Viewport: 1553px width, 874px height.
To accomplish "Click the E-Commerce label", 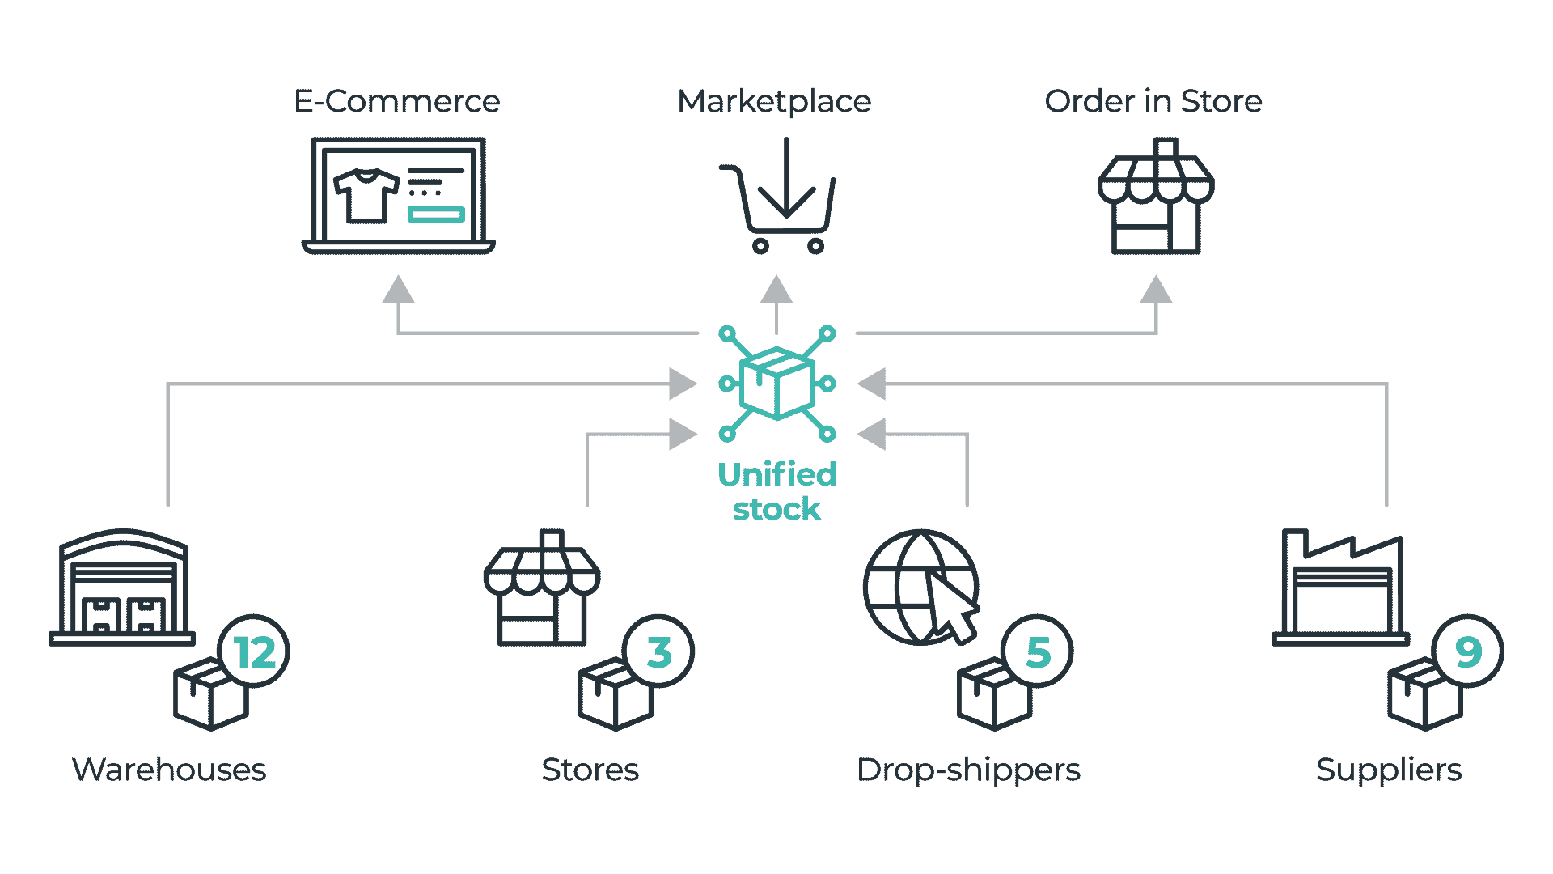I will [397, 102].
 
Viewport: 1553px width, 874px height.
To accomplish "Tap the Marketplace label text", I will [775, 103].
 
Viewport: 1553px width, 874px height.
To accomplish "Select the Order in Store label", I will [1153, 102].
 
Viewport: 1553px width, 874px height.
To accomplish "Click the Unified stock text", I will [776, 491].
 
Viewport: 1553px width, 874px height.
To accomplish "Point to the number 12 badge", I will [255, 652].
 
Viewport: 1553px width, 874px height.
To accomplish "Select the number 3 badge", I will [659, 652].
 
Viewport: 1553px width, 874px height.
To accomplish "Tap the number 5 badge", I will [1038, 652].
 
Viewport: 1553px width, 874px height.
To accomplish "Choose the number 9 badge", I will [1468, 651].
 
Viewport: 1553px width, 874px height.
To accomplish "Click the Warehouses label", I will [170, 770].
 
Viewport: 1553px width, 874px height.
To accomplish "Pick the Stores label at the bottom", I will [590, 770].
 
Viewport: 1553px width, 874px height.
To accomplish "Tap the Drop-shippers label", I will [968, 770].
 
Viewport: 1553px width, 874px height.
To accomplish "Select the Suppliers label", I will [1388, 770].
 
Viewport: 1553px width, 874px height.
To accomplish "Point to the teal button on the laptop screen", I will [436, 214].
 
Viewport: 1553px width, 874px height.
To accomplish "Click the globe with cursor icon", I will [921, 588].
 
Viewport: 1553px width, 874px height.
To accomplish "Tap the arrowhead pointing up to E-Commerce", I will [398, 290].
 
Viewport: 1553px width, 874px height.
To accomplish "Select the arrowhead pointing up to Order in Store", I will [1156, 290].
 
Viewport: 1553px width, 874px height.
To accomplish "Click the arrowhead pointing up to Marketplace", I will [776, 290].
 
